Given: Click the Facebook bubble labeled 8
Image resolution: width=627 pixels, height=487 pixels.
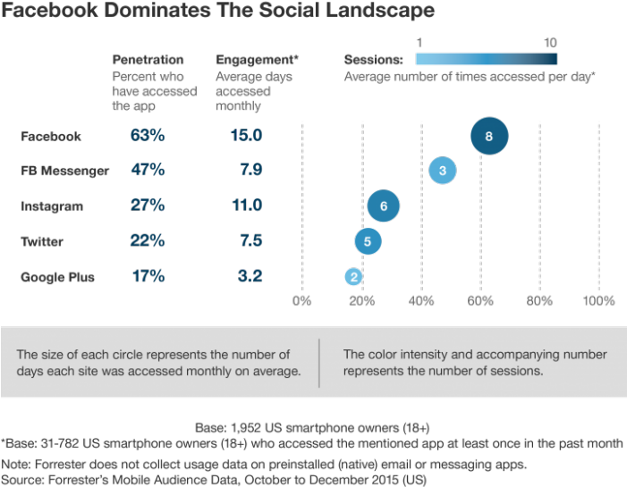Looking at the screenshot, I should [x=489, y=137].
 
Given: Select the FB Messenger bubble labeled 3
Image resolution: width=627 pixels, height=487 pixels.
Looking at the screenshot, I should [x=443, y=170].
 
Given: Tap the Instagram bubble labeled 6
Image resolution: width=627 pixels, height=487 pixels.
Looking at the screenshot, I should [x=383, y=206].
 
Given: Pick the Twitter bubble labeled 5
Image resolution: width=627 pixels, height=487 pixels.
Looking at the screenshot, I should [x=368, y=241].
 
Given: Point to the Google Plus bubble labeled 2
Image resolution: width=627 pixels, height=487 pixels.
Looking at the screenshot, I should [x=354, y=277].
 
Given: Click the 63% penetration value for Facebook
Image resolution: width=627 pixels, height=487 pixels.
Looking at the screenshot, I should [x=148, y=137].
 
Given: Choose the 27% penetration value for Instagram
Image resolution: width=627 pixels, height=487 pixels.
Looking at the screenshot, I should [x=148, y=206].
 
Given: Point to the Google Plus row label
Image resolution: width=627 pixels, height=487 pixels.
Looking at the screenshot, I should [x=57, y=277].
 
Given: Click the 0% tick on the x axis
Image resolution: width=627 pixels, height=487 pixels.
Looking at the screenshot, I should [x=302, y=300].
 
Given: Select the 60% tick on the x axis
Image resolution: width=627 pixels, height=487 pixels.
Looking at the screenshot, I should [x=480, y=300].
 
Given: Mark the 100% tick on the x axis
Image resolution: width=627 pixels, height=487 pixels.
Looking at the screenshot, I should [x=598, y=300].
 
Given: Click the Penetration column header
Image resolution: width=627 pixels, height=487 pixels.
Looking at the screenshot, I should [x=148, y=60].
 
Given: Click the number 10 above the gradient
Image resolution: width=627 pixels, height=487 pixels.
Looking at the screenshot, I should [x=550, y=42].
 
